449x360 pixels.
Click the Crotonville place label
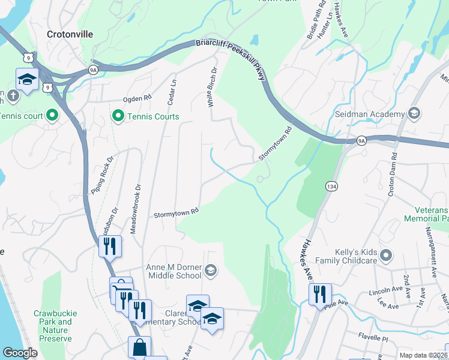(x=70, y=34)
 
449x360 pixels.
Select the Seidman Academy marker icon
(x=414, y=114)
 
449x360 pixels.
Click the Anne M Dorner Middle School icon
(x=210, y=271)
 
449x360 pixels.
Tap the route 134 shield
(x=331, y=187)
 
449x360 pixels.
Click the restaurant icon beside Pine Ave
(x=321, y=293)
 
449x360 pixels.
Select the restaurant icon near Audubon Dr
(x=110, y=246)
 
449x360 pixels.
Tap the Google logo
(x=20, y=353)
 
